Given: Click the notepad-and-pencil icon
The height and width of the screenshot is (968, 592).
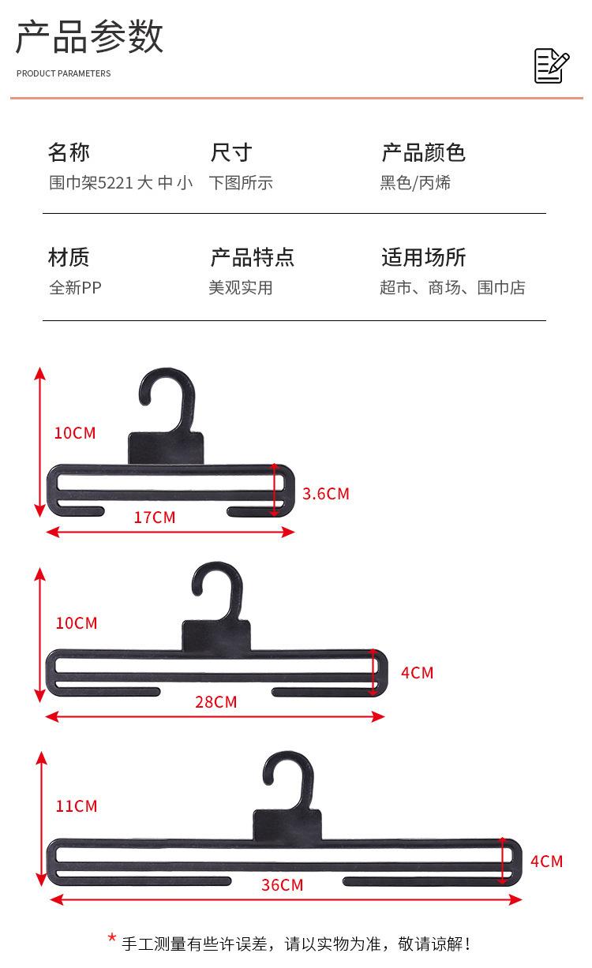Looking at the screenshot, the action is (552, 65).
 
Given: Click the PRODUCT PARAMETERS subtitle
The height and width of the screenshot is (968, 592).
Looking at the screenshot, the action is (64, 73).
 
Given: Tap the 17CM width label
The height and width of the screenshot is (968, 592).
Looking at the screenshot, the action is (155, 518).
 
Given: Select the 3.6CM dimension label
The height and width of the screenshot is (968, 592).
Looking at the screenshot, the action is (326, 494).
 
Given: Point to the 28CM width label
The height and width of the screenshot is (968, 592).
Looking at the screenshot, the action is (215, 702).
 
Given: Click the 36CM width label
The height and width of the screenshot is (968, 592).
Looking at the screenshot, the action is (282, 885).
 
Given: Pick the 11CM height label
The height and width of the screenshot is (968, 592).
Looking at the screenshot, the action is (77, 806).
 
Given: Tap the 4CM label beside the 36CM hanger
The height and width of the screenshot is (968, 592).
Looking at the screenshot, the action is (546, 861).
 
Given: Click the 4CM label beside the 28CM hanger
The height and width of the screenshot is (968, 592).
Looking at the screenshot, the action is (417, 673).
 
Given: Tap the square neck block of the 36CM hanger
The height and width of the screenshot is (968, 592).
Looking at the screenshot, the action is (287, 825).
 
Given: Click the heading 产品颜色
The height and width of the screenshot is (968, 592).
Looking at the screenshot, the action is (423, 152).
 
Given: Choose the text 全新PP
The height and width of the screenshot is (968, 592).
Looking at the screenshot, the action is (75, 287).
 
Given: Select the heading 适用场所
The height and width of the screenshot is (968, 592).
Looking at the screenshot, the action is (423, 257).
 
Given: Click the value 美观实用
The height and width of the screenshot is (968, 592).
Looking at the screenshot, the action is (241, 287).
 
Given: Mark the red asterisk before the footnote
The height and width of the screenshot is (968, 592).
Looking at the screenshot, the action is (112, 938).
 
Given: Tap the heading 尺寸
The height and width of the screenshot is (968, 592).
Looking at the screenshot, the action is (231, 152).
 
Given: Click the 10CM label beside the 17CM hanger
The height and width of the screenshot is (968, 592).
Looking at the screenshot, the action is (75, 433).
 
